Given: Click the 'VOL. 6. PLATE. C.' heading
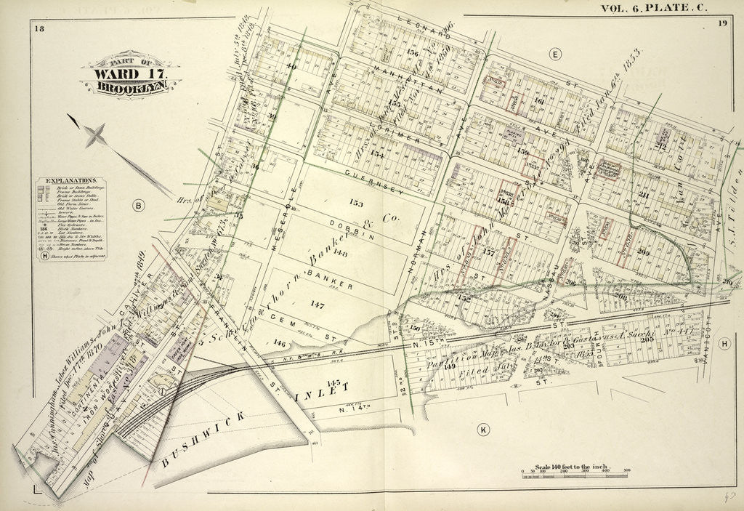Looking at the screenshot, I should tap(653, 8).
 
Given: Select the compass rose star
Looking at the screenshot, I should tap(94, 135).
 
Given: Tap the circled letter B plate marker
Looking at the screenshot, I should tap(137, 206).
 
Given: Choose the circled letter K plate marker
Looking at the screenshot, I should tap(482, 430).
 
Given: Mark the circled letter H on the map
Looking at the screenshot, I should tap(724, 344).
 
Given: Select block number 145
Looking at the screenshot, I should tap(333, 383).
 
